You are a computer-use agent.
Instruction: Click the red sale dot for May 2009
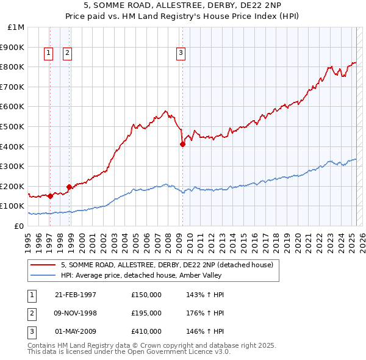point(182,144)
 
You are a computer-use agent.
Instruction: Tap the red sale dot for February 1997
point(50,196)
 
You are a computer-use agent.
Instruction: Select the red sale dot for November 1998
point(69,187)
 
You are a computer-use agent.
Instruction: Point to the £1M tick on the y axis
point(16,27)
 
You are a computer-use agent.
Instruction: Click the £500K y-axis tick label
point(13,126)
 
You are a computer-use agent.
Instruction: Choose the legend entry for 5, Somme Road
point(170,265)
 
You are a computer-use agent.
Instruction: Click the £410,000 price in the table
point(146,331)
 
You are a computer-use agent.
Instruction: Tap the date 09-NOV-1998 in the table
point(76,313)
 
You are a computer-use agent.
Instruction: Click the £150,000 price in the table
point(146,295)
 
